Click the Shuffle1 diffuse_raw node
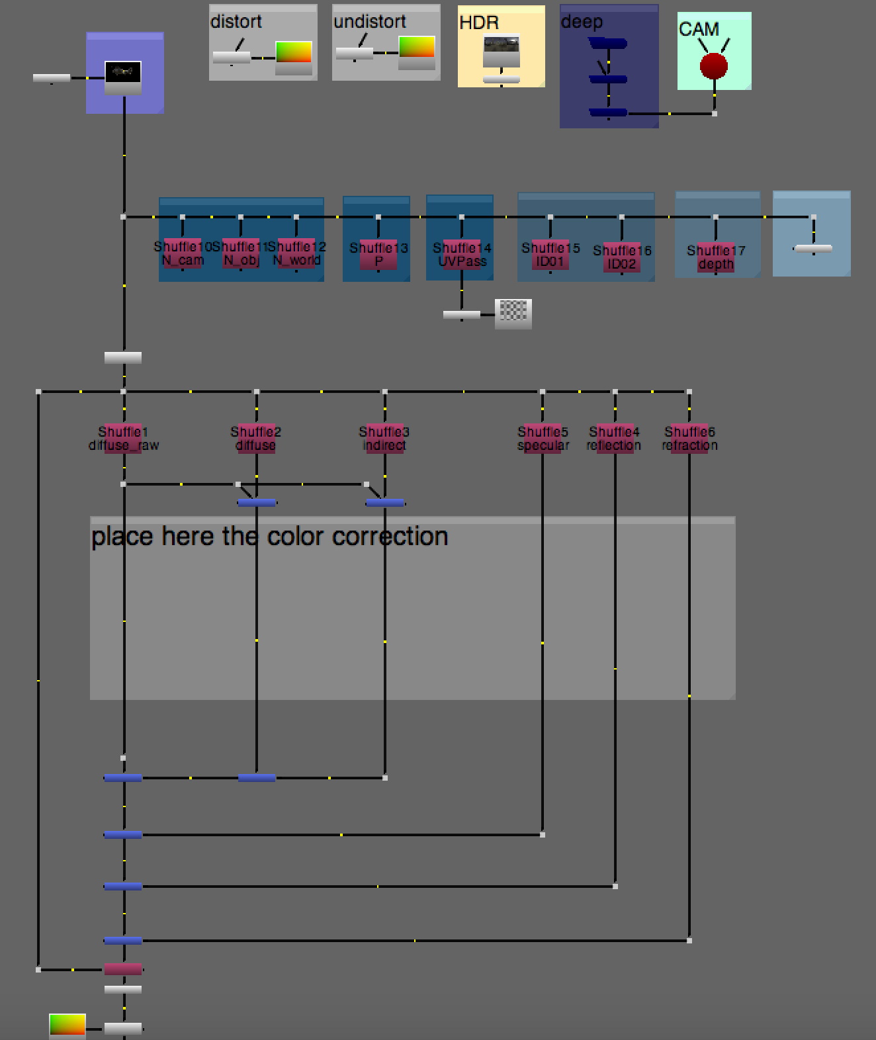click(123, 439)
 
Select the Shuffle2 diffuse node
click(256, 439)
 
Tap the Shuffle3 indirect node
click(384, 439)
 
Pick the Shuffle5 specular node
click(543, 439)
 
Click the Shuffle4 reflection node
click(615, 439)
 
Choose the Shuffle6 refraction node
click(689, 439)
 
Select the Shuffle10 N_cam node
click(182, 253)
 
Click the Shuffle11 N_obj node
click(240, 253)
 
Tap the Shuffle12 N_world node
click(296, 253)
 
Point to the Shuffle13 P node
click(378, 255)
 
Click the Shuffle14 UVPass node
click(462, 255)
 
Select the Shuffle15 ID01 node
click(550, 255)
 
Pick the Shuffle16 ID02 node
click(622, 257)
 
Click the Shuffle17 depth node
click(716, 257)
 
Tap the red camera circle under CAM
click(714, 66)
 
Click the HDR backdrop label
click(478, 22)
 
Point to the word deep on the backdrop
click(582, 22)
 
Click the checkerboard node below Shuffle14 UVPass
click(513, 313)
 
